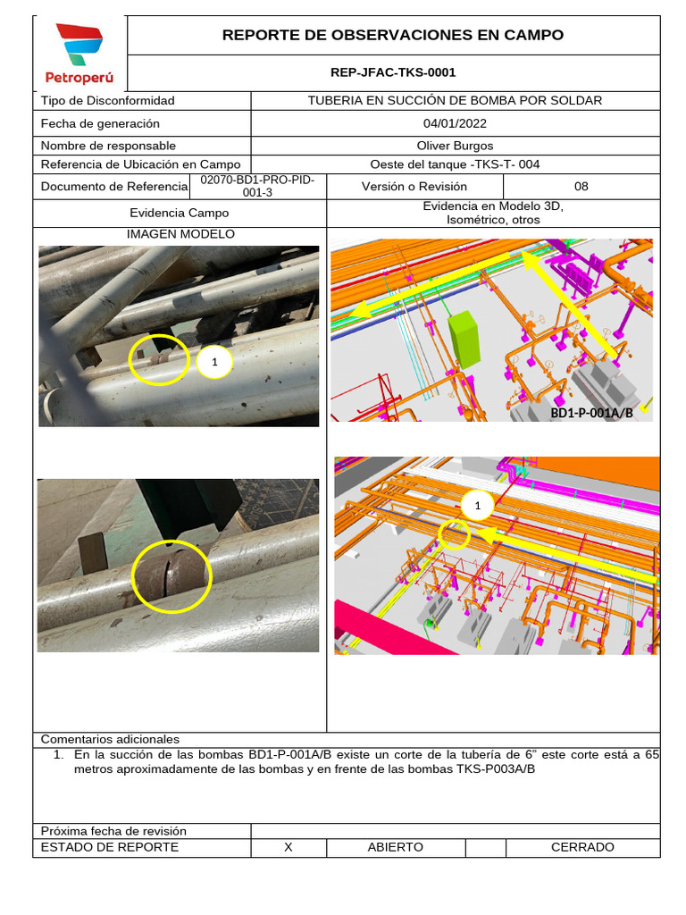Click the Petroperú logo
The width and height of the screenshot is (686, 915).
[79, 54]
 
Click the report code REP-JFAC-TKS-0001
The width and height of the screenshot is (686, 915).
[393, 72]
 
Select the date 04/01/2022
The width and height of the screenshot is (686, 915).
[455, 123]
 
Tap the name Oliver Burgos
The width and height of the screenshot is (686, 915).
[455, 146]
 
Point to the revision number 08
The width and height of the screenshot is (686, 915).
[581, 187]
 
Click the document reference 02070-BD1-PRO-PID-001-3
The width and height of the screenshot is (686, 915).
[257, 186]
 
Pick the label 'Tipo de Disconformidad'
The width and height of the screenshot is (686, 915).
[108, 101]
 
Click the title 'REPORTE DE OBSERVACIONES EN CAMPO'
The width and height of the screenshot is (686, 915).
[393, 36]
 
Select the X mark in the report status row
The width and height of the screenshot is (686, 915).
[288, 847]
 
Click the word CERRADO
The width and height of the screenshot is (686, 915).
[582, 847]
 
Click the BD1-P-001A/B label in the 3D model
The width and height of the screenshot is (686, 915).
[590, 412]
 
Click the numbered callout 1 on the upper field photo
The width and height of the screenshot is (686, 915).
[214, 362]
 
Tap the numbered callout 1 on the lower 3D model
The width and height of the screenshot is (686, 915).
[477, 507]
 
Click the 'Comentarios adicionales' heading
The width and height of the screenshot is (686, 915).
[111, 739]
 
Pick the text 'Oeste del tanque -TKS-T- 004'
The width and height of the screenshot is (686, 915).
[455, 164]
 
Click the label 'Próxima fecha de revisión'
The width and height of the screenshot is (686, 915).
[114, 831]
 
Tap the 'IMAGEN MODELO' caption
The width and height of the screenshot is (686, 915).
[180, 234]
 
